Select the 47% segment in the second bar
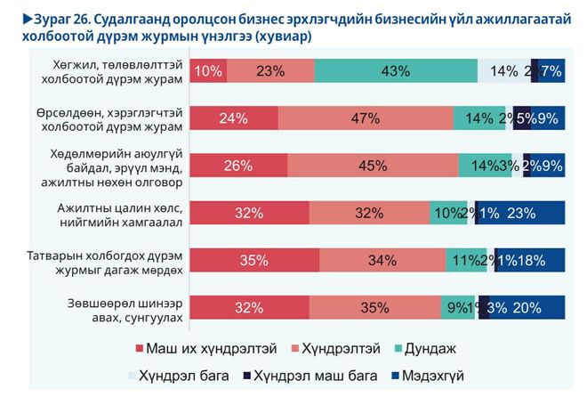pyautogui.click(x=366, y=118)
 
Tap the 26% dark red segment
pyautogui.click(x=239, y=165)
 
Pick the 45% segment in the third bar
pyautogui.click(x=373, y=165)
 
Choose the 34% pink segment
pyautogui.click(x=382, y=259)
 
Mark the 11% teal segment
pyautogui.click(x=462, y=259)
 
